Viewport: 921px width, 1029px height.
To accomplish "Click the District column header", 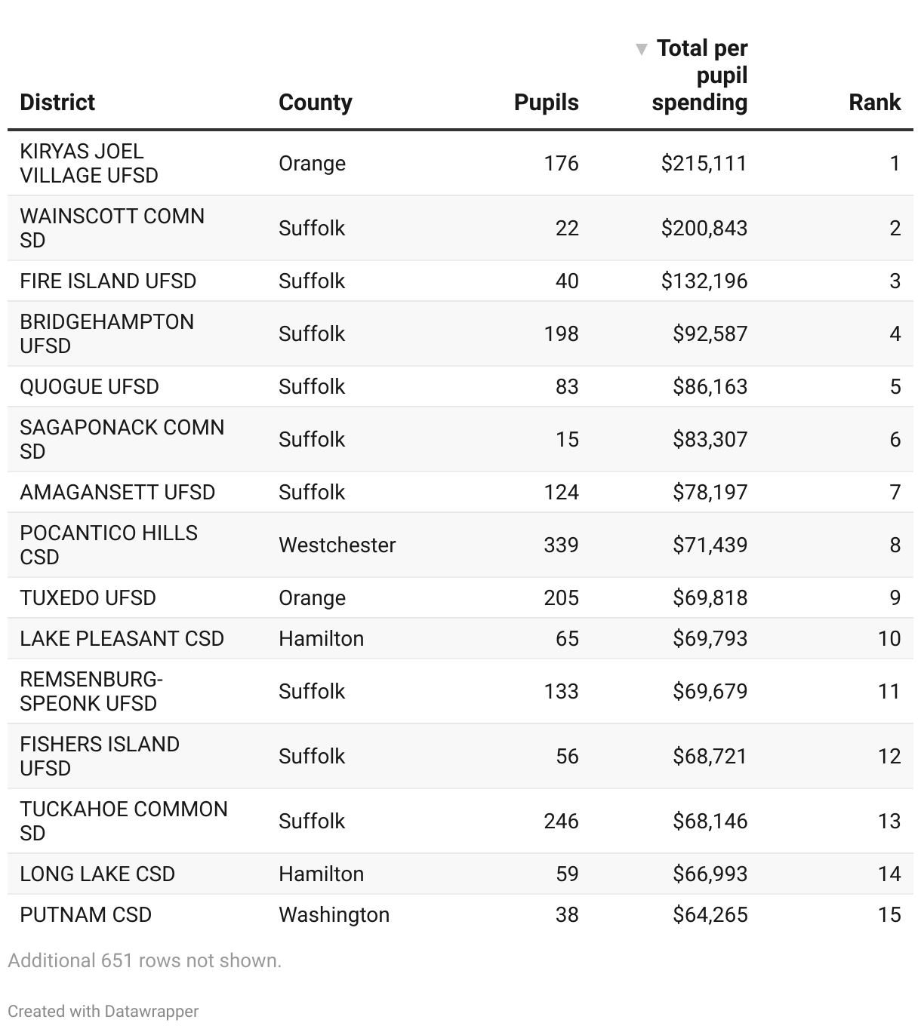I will point(57,103).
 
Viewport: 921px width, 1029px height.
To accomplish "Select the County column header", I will point(315,103).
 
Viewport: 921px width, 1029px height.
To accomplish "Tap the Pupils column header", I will point(546,103).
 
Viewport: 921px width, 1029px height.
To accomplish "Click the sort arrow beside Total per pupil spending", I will point(642,50).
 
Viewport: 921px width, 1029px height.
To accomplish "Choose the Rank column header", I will point(874,103).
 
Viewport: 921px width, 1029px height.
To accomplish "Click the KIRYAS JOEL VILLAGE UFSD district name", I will point(89,163).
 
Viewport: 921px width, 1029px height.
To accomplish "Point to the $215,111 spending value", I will point(704,163).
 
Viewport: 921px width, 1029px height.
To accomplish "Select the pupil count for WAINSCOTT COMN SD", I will point(567,228).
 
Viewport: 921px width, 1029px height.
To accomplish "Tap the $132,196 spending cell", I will point(704,281).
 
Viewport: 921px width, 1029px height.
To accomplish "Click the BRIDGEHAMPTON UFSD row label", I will point(106,333).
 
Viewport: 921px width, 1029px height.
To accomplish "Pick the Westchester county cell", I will point(337,545).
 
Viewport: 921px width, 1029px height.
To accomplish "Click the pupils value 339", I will point(561,545).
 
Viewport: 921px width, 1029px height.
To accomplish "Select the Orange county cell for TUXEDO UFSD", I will point(312,597).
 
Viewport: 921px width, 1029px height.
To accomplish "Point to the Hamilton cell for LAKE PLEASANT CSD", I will point(321,638).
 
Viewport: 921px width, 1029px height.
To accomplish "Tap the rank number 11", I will point(889,691).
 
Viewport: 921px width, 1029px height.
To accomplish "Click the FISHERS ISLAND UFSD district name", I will point(100,756).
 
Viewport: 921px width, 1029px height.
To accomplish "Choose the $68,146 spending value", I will point(710,821).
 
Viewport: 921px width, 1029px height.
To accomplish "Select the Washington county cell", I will point(334,914).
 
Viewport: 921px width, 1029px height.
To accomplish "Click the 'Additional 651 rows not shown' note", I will point(144,960).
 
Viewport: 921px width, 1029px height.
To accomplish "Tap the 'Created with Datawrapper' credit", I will point(103,1012).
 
